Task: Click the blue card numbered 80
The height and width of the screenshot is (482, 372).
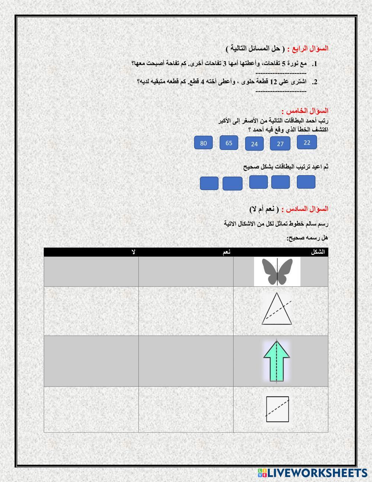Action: click(203, 143)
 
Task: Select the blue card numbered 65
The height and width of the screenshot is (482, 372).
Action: click(229, 143)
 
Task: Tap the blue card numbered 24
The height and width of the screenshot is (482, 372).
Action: click(254, 144)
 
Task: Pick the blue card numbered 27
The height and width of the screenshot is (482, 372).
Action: click(280, 144)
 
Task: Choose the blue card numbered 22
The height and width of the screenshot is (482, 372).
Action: click(307, 142)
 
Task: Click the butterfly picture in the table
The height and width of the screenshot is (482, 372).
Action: click(277, 272)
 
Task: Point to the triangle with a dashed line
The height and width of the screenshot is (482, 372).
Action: click(277, 310)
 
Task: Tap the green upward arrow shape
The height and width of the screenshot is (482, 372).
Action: click(277, 361)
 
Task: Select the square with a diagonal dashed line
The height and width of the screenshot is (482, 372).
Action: click(278, 409)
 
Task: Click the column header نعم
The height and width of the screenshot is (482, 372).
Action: click(227, 252)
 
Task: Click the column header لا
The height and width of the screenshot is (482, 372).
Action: click(134, 252)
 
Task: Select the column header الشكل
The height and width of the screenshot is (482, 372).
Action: click(318, 252)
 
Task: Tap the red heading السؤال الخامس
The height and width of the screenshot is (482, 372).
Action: click(305, 111)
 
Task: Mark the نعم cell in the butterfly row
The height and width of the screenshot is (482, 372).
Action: click(186, 272)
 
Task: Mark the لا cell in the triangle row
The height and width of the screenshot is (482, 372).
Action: click(91, 311)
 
